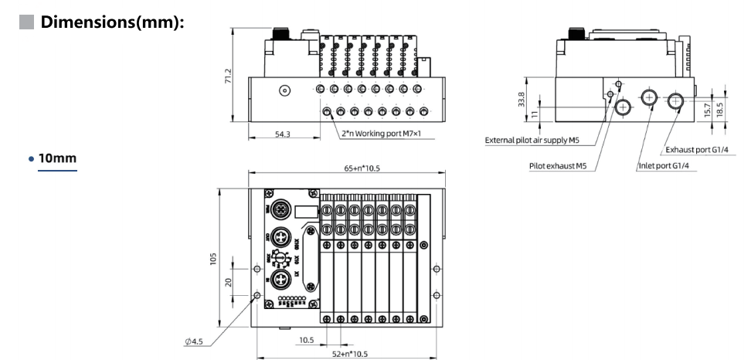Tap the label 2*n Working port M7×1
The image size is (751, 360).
click(387, 134)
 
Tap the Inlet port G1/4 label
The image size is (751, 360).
click(664, 165)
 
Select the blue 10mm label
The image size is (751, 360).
click(58, 158)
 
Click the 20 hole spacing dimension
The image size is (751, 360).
click(229, 282)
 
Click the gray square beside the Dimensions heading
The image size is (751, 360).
click(25, 22)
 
